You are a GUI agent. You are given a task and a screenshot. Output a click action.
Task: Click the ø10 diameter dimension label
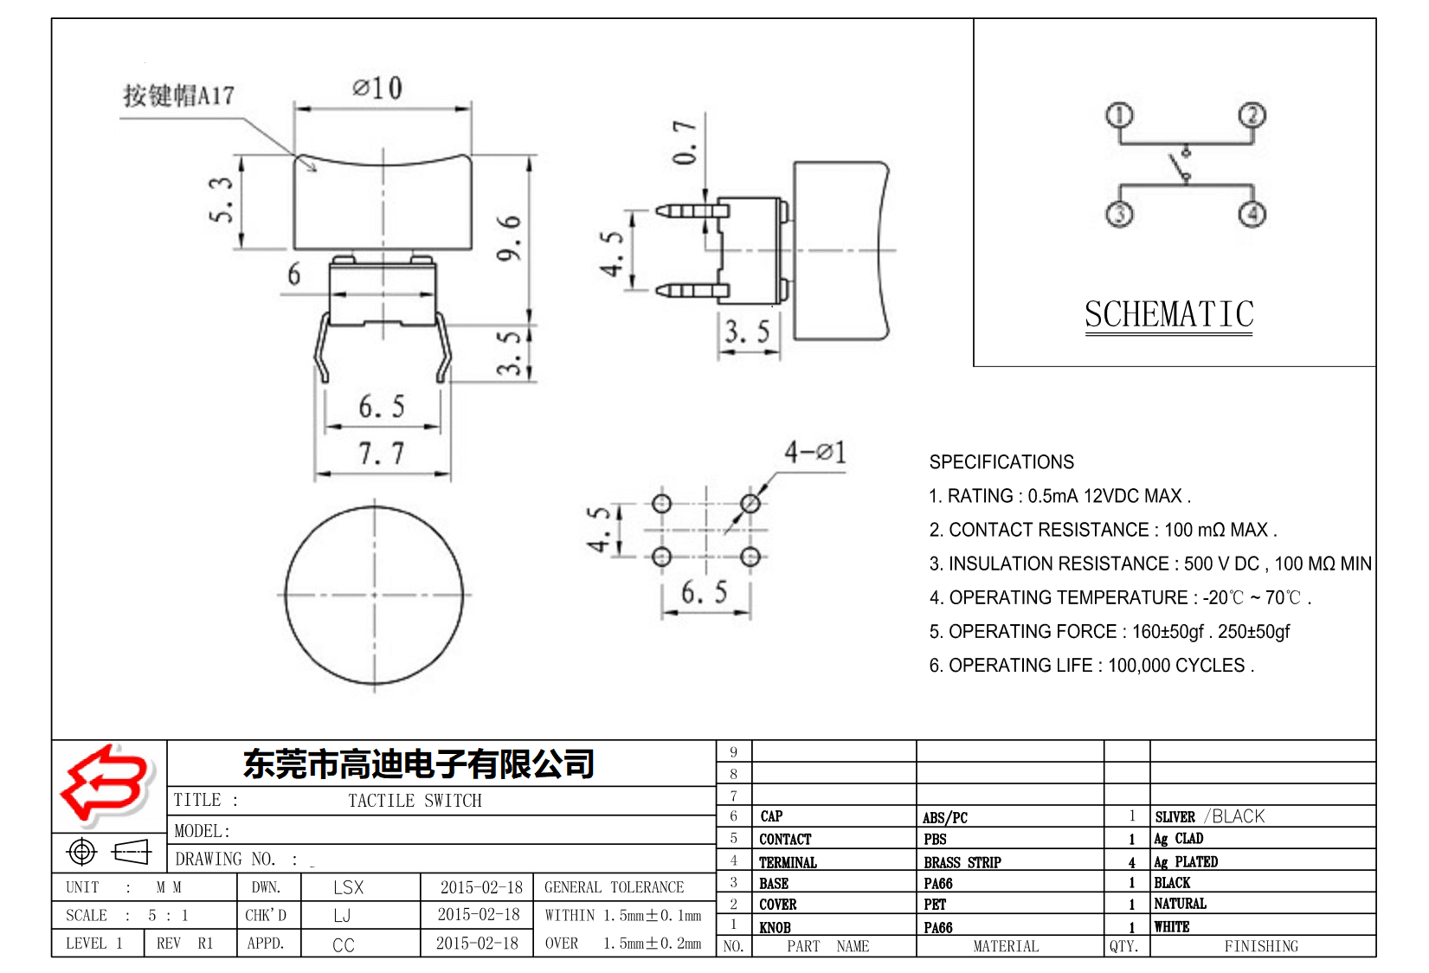(x=377, y=87)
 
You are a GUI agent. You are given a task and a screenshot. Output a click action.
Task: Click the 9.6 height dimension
(x=510, y=237)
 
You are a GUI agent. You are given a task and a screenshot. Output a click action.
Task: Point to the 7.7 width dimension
(x=382, y=453)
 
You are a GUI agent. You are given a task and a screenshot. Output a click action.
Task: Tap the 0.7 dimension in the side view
(x=685, y=143)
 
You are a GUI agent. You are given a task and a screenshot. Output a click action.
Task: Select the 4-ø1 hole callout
(x=814, y=452)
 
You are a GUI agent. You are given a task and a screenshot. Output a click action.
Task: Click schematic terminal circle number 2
(x=1252, y=115)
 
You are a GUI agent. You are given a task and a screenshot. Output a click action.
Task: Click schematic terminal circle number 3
(x=1119, y=214)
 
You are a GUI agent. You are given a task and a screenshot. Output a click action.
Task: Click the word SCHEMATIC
(x=1168, y=314)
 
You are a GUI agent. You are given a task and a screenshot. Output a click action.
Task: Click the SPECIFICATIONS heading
(x=1001, y=462)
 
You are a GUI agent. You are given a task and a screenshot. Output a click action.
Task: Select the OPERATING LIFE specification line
(x=1091, y=666)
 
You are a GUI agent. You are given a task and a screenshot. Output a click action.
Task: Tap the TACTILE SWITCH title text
(x=415, y=801)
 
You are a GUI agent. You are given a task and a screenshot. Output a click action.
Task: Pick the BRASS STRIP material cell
(x=962, y=862)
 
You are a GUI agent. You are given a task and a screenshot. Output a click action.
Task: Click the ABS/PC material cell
(x=944, y=817)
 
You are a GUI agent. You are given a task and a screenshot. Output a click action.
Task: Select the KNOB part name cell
(x=775, y=927)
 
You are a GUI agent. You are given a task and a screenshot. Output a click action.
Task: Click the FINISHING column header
(x=1260, y=946)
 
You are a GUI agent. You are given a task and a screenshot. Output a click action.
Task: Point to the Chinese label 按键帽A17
(x=178, y=95)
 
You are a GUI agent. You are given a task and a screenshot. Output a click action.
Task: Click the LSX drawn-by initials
(x=348, y=887)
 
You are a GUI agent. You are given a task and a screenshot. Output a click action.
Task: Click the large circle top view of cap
(x=374, y=596)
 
